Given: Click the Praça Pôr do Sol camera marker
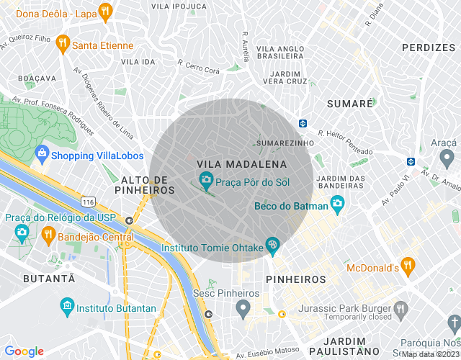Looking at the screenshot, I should coord(206,179).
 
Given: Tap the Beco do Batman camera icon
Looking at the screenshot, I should coord(336,205).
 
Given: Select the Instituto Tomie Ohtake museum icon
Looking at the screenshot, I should coord(272,246).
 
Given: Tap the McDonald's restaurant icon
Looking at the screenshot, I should coord(408,265).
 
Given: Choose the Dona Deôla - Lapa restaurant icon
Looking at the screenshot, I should coord(106,11).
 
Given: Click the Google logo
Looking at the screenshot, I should coord(24,351).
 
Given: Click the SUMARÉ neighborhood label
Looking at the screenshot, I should coord(350,104).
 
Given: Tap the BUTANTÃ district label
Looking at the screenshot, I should coord(49,278).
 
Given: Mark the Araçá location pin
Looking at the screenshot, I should coord(447,156).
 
